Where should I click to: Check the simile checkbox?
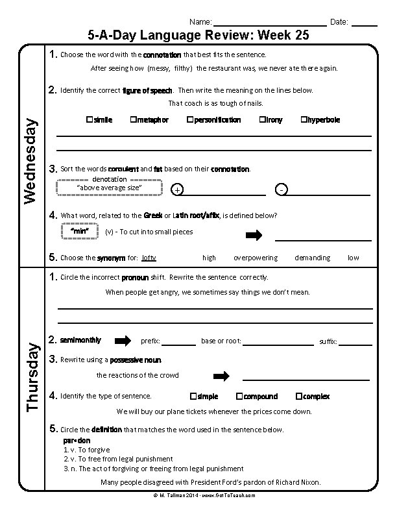[x=89, y=120]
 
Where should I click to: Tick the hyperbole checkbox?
[x=303, y=120]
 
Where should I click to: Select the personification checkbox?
[x=189, y=120]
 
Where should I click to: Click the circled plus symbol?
[x=178, y=190]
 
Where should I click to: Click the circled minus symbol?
[x=280, y=190]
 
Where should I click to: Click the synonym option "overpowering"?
[x=255, y=258]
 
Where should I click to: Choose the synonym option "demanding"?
[x=312, y=258]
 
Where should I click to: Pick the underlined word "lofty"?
[x=149, y=258]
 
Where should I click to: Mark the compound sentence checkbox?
[x=239, y=397]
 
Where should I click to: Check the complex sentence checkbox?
[x=298, y=397]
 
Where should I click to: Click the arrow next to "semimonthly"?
[x=123, y=341]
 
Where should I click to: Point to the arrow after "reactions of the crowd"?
[x=222, y=376]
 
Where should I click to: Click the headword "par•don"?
[x=77, y=441]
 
